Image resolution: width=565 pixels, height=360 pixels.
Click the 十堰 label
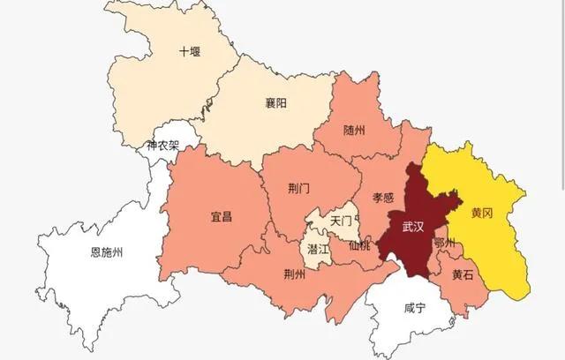190,51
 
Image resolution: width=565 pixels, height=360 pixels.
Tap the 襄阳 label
275,103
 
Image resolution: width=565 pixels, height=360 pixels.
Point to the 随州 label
353,131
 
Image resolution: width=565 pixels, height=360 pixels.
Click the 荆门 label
299,188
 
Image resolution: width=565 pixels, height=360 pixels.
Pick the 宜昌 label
221,216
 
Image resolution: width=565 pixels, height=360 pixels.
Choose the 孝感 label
382,198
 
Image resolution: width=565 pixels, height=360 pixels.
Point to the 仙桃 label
359,244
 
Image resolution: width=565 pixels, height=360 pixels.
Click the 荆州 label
294,273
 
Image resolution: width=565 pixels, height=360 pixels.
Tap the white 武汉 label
413,227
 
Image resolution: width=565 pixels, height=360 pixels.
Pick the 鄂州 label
446,243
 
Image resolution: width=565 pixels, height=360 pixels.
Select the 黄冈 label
481,214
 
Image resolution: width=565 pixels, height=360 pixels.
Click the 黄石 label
463,274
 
